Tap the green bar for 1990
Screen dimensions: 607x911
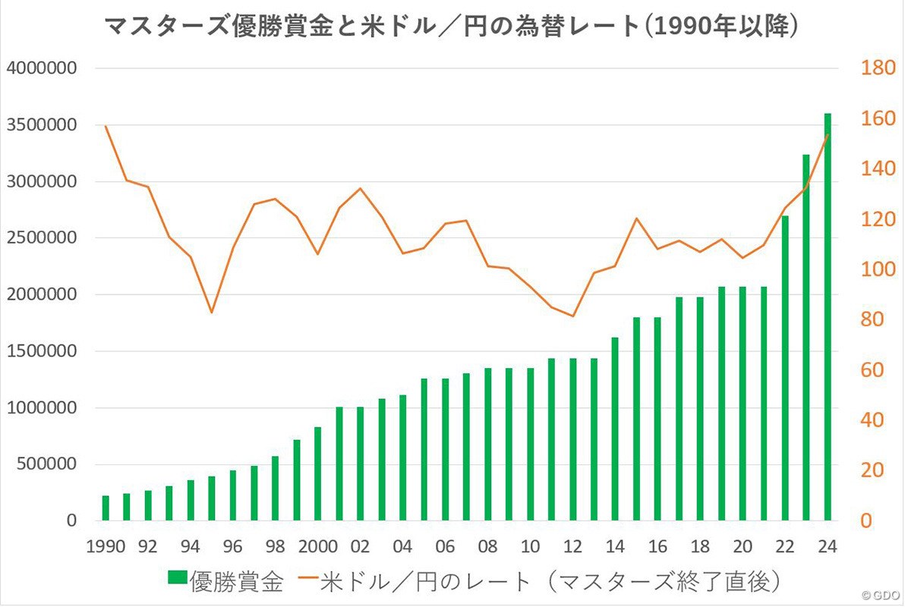[x=106, y=508]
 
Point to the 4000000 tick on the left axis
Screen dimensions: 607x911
[x=43, y=68]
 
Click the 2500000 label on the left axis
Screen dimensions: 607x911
[x=43, y=238]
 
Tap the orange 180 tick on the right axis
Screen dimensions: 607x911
[x=875, y=68]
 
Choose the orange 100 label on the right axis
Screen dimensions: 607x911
[x=875, y=270]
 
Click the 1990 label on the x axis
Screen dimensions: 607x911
[x=106, y=546]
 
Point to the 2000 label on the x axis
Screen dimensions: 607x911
[x=318, y=546]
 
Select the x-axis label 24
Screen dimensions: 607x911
[x=827, y=546]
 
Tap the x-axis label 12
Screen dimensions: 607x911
[x=572, y=546]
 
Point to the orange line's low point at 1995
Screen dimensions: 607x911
[x=212, y=312]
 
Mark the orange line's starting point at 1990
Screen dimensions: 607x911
[x=106, y=126]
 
